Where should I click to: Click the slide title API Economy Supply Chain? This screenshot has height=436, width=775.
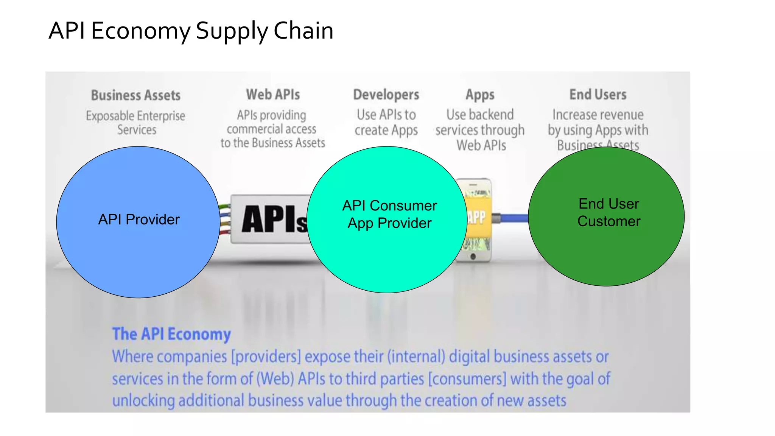(x=191, y=31)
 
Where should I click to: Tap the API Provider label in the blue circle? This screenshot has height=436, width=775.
(x=139, y=220)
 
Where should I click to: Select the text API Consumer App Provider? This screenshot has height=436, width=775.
(x=389, y=214)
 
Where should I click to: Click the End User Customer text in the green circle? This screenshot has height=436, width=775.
(x=608, y=212)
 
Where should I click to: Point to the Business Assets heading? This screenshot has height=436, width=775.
(x=135, y=95)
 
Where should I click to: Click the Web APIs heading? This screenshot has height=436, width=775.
(x=273, y=95)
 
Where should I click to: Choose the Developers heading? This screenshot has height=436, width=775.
(x=386, y=95)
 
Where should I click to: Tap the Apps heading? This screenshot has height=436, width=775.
(x=480, y=95)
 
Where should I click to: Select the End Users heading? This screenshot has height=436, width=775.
(x=598, y=95)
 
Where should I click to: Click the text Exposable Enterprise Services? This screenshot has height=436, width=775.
(x=136, y=123)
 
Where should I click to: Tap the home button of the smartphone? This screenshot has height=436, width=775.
(x=473, y=257)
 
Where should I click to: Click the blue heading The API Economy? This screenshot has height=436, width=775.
(x=171, y=334)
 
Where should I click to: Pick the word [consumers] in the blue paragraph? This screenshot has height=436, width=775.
(x=467, y=379)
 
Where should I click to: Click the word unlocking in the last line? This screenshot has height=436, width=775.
(x=143, y=401)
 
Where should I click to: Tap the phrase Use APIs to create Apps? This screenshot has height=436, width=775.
(x=386, y=123)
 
